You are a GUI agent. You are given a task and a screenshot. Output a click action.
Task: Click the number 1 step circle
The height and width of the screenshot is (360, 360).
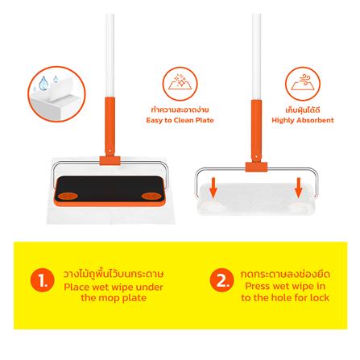43,280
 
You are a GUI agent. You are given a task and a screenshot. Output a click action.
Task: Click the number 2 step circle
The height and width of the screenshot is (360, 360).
221,280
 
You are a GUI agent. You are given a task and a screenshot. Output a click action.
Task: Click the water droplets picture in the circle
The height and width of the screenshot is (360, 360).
56,94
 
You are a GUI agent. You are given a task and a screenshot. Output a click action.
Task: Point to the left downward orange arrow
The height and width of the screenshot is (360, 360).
213,188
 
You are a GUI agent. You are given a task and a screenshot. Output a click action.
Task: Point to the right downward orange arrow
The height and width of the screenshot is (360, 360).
299,188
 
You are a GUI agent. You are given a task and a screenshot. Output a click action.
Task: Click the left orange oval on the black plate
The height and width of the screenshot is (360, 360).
68,197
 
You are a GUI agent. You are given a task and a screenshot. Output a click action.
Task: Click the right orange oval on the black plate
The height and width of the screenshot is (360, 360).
151,197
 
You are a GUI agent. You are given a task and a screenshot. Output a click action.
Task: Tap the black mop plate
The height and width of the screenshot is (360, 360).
110,188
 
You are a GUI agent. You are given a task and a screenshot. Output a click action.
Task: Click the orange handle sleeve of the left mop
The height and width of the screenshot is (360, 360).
110,126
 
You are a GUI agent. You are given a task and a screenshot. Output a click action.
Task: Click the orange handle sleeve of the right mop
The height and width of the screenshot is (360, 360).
256,131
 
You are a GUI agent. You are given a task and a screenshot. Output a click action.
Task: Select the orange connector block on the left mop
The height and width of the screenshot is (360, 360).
110,160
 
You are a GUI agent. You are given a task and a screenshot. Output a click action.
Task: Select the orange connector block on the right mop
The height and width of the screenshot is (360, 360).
256,167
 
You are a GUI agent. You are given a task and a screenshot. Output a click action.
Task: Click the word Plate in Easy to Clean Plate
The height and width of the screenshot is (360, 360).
205,120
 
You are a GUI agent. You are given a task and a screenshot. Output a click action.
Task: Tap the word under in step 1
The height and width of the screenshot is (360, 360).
150,287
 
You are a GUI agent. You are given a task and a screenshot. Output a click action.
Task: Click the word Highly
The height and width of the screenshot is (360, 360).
281,121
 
